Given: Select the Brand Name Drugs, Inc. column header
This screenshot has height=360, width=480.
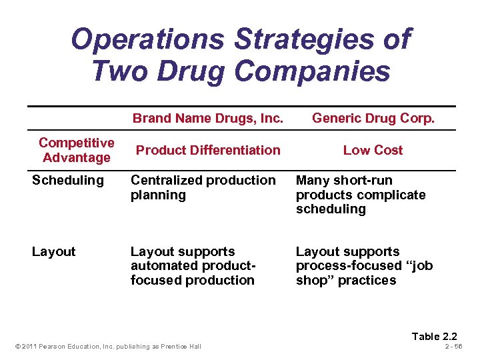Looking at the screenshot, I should (x=208, y=119).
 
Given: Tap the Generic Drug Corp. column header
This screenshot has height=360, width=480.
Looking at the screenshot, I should (x=373, y=119).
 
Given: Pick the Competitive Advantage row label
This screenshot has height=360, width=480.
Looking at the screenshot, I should (x=77, y=150).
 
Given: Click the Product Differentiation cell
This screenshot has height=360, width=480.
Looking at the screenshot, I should (x=208, y=150).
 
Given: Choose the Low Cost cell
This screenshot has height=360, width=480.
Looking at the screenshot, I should (x=373, y=150).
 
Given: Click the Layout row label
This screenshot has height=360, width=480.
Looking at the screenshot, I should (x=53, y=251).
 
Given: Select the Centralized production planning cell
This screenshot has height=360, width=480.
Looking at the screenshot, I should (x=203, y=187).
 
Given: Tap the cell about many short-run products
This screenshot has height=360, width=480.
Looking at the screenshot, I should (x=360, y=195).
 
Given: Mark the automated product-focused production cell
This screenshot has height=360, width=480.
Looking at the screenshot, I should (x=193, y=266).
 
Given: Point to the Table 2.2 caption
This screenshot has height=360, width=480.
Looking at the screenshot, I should (x=435, y=336).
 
